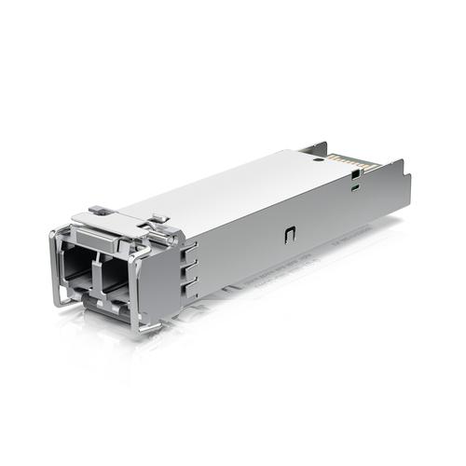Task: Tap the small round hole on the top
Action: pos(317,160)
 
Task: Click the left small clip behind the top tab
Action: pos(100,210)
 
